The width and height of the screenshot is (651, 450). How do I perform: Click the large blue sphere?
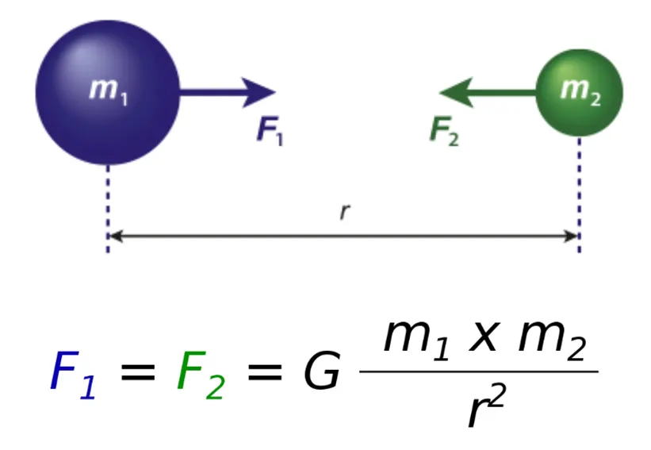107,93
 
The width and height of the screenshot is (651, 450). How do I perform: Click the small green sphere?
580,92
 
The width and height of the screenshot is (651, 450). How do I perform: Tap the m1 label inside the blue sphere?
108,90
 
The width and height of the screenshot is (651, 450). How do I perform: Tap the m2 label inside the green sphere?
580,90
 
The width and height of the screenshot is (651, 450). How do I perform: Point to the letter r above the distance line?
343,212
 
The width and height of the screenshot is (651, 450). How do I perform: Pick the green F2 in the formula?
200,372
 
